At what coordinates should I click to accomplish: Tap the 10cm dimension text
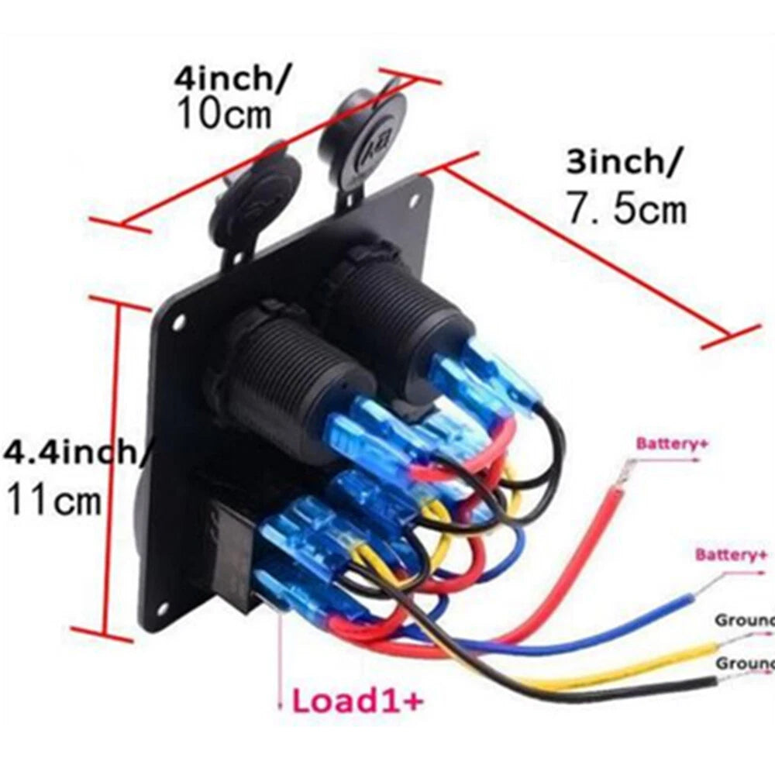pyautogui.click(x=225, y=115)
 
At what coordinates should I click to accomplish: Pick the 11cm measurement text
pyautogui.click(x=54, y=500)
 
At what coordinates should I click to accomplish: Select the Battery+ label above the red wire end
pyautogui.click(x=673, y=444)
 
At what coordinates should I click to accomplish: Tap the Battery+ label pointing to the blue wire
pyautogui.click(x=732, y=555)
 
